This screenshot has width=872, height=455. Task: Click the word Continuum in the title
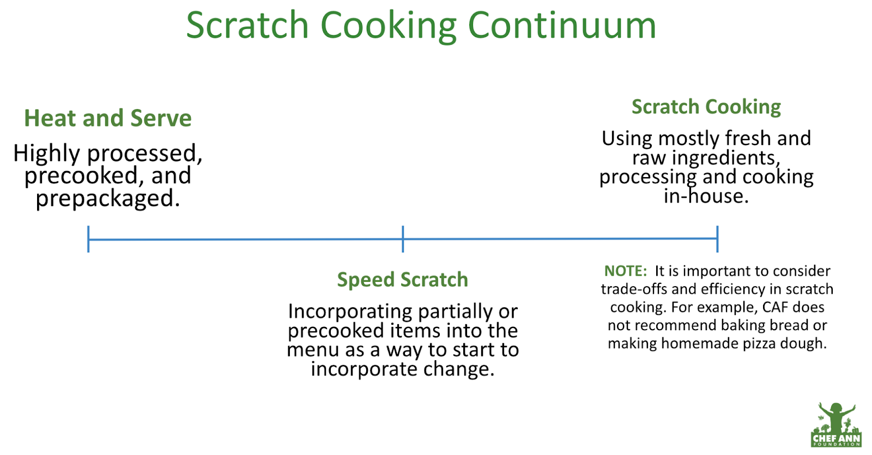(562, 25)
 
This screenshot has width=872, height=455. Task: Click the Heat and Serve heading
(108, 118)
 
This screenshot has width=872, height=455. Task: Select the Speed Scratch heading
(403, 280)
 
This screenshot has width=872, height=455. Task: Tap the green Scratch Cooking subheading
(706, 107)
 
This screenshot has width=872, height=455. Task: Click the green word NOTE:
(625, 271)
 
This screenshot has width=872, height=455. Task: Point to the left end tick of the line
(88, 239)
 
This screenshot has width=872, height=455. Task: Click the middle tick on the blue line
(403, 239)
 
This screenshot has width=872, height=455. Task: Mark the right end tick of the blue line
(717, 239)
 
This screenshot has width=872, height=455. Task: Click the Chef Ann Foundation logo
(836, 424)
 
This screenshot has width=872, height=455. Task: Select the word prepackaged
(108, 198)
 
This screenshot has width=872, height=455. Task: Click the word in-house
(706, 196)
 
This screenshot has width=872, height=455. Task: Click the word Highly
(46, 154)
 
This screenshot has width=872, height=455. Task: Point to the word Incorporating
(350, 312)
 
